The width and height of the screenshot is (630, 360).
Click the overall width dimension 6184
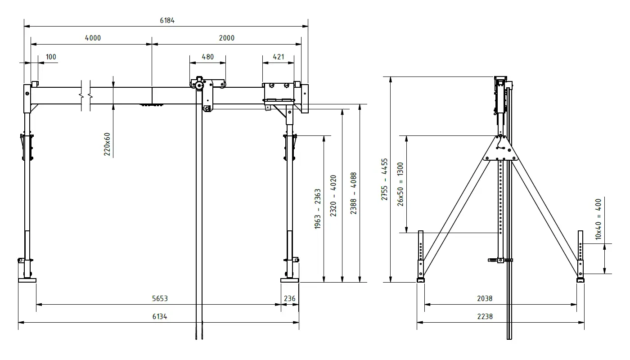pyautogui.click(x=166, y=20)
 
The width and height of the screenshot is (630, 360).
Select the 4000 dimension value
pyautogui.click(x=93, y=38)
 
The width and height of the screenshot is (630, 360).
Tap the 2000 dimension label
pyautogui.click(x=227, y=38)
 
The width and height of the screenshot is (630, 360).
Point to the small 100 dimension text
pyautogui.click(x=51, y=57)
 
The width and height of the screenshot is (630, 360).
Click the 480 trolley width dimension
pyautogui.click(x=207, y=57)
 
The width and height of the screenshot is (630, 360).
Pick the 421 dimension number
pyautogui.click(x=279, y=57)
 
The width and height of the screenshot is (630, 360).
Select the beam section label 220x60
pyautogui.click(x=108, y=144)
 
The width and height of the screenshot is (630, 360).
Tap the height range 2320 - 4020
pyautogui.click(x=333, y=196)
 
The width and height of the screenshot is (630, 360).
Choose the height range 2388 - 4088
pyautogui.click(x=354, y=193)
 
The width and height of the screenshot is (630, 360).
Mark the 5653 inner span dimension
pyautogui.click(x=159, y=298)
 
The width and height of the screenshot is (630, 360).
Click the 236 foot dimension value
pyautogui.click(x=290, y=298)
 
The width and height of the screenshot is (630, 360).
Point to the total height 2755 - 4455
pyautogui.click(x=384, y=179)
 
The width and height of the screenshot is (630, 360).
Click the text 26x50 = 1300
pyautogui.click(x=400, y=184)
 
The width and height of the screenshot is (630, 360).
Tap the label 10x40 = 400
pyautogui.click(x=598, y=219)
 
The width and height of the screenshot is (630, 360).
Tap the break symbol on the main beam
pyautogui.click(x=85, y=95)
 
